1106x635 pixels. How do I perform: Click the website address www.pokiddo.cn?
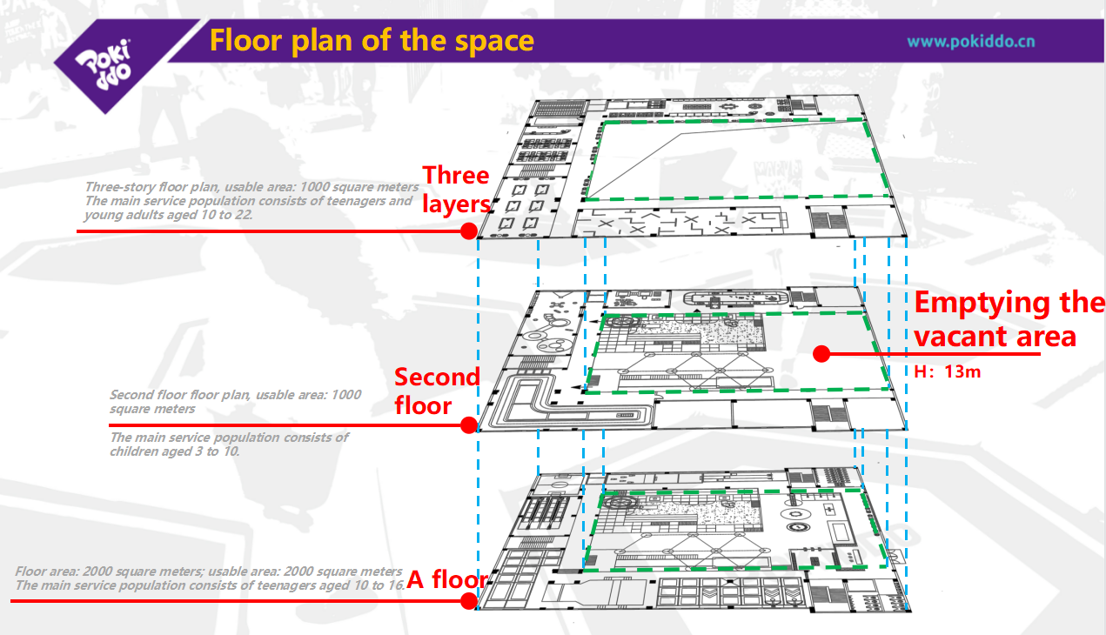(x=970, y=41)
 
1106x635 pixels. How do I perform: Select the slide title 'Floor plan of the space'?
(x=372, y=40)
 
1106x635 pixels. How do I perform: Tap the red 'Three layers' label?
(x=456, y=190)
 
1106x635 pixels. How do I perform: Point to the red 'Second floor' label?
(x=437, y=391)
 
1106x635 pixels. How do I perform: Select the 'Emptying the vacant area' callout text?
(x=1008, y=319)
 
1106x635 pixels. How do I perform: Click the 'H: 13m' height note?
(x=948, y=371)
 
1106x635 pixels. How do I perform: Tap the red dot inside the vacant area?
(x=819, y=353)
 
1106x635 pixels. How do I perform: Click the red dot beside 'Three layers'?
(x=468, y=231)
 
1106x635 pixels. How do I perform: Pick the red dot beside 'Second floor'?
(x=468, y=425)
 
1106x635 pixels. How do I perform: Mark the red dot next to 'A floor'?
(x=468, y=601)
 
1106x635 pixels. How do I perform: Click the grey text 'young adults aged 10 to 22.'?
(x=168, y=215)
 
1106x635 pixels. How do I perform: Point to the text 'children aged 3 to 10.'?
(x=174, y=451)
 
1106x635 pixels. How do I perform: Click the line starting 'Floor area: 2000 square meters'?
(x=209, y=571)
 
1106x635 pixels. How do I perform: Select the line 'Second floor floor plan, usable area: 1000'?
(x=235, y=395)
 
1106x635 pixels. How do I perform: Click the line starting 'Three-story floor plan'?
(x=251, y=187)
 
